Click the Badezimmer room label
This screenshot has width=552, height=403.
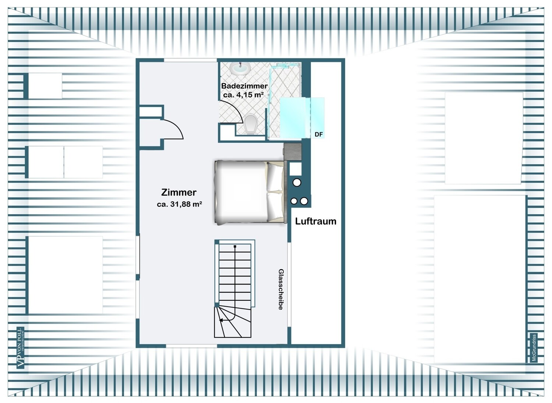(244, 86)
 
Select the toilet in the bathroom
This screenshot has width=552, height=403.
(251, 124)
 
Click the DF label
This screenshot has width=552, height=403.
(319, 134)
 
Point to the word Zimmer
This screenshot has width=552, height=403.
(178, 192)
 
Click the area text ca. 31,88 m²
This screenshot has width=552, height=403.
(180, 204)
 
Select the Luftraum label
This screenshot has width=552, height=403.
(316, 221)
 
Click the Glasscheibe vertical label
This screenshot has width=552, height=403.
(281, 289)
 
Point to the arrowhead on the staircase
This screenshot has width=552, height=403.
(221, 320)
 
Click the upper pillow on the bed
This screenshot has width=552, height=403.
(275, 177)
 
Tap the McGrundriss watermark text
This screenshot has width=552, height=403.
(534, 348)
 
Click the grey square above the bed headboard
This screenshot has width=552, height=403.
(293, 152)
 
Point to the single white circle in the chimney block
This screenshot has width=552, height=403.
(297, 183)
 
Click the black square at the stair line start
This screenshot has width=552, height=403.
(235, 246)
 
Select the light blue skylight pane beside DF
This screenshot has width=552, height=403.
(302, 117)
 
